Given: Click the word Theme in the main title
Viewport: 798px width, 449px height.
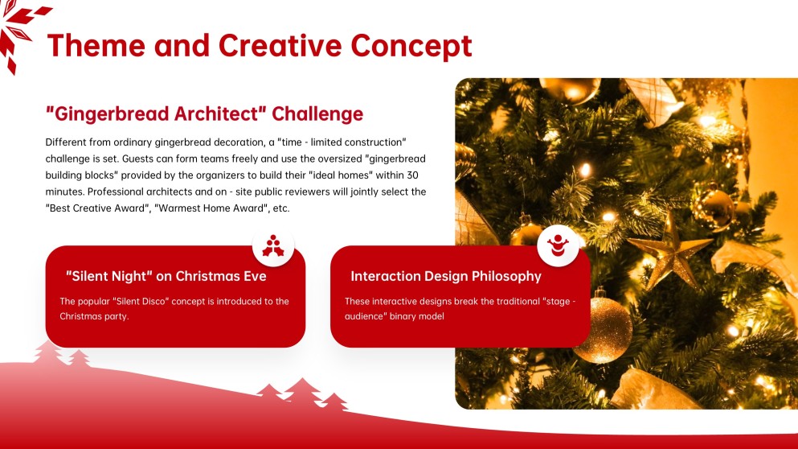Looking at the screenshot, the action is pyautogui.click(x=96, y=45).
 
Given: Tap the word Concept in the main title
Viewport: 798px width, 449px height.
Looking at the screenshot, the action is pyautogui.click(x=411, y=47).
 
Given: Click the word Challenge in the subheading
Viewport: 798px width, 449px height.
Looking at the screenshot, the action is pyautogui.click(x=317, y=114).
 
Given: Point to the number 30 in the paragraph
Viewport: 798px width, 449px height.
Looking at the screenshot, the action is pyautogui.click(x=412, y=175).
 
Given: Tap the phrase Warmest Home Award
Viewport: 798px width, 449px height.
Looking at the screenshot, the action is pyautogui.click(x=211, y=208).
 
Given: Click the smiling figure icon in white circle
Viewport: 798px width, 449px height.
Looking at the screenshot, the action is pyautogui.click(x=558, y=245).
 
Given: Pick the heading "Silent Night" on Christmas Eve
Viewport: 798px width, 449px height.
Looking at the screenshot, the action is pyautogui.click(x=166, y=276).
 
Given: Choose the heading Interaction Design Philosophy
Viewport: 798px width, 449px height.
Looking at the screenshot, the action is pyautogui.click(x=446, y=276).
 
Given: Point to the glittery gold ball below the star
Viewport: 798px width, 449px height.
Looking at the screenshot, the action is pyautogui.click(x=604, y=330).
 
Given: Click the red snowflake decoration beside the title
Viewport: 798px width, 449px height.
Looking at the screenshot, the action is pyautogui.click(x=18, y=33).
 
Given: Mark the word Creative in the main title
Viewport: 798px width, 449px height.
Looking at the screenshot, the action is pyautogui.click(x=280, y=45).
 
